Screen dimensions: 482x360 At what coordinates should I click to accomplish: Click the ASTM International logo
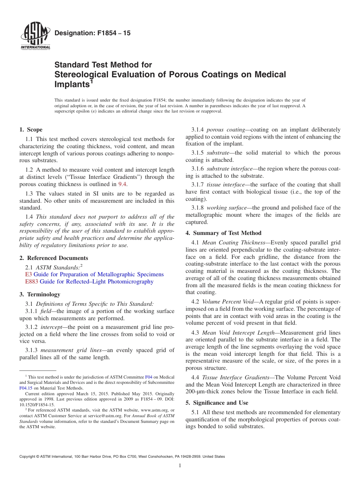click(x=35, y=36)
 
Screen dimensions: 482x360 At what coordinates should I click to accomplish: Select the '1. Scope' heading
click(x=31, y=130)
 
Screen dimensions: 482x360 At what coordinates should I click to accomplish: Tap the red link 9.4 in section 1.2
click(x=123, y=184)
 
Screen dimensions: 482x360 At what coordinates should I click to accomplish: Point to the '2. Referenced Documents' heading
click(x=54, y=258)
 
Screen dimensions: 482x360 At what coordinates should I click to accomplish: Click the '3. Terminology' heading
click(x=40, y=294)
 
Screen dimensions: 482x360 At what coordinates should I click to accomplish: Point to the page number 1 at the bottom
click(x=180, y=466)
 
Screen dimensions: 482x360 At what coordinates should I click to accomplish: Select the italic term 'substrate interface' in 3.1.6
click(x=229, y=169)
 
